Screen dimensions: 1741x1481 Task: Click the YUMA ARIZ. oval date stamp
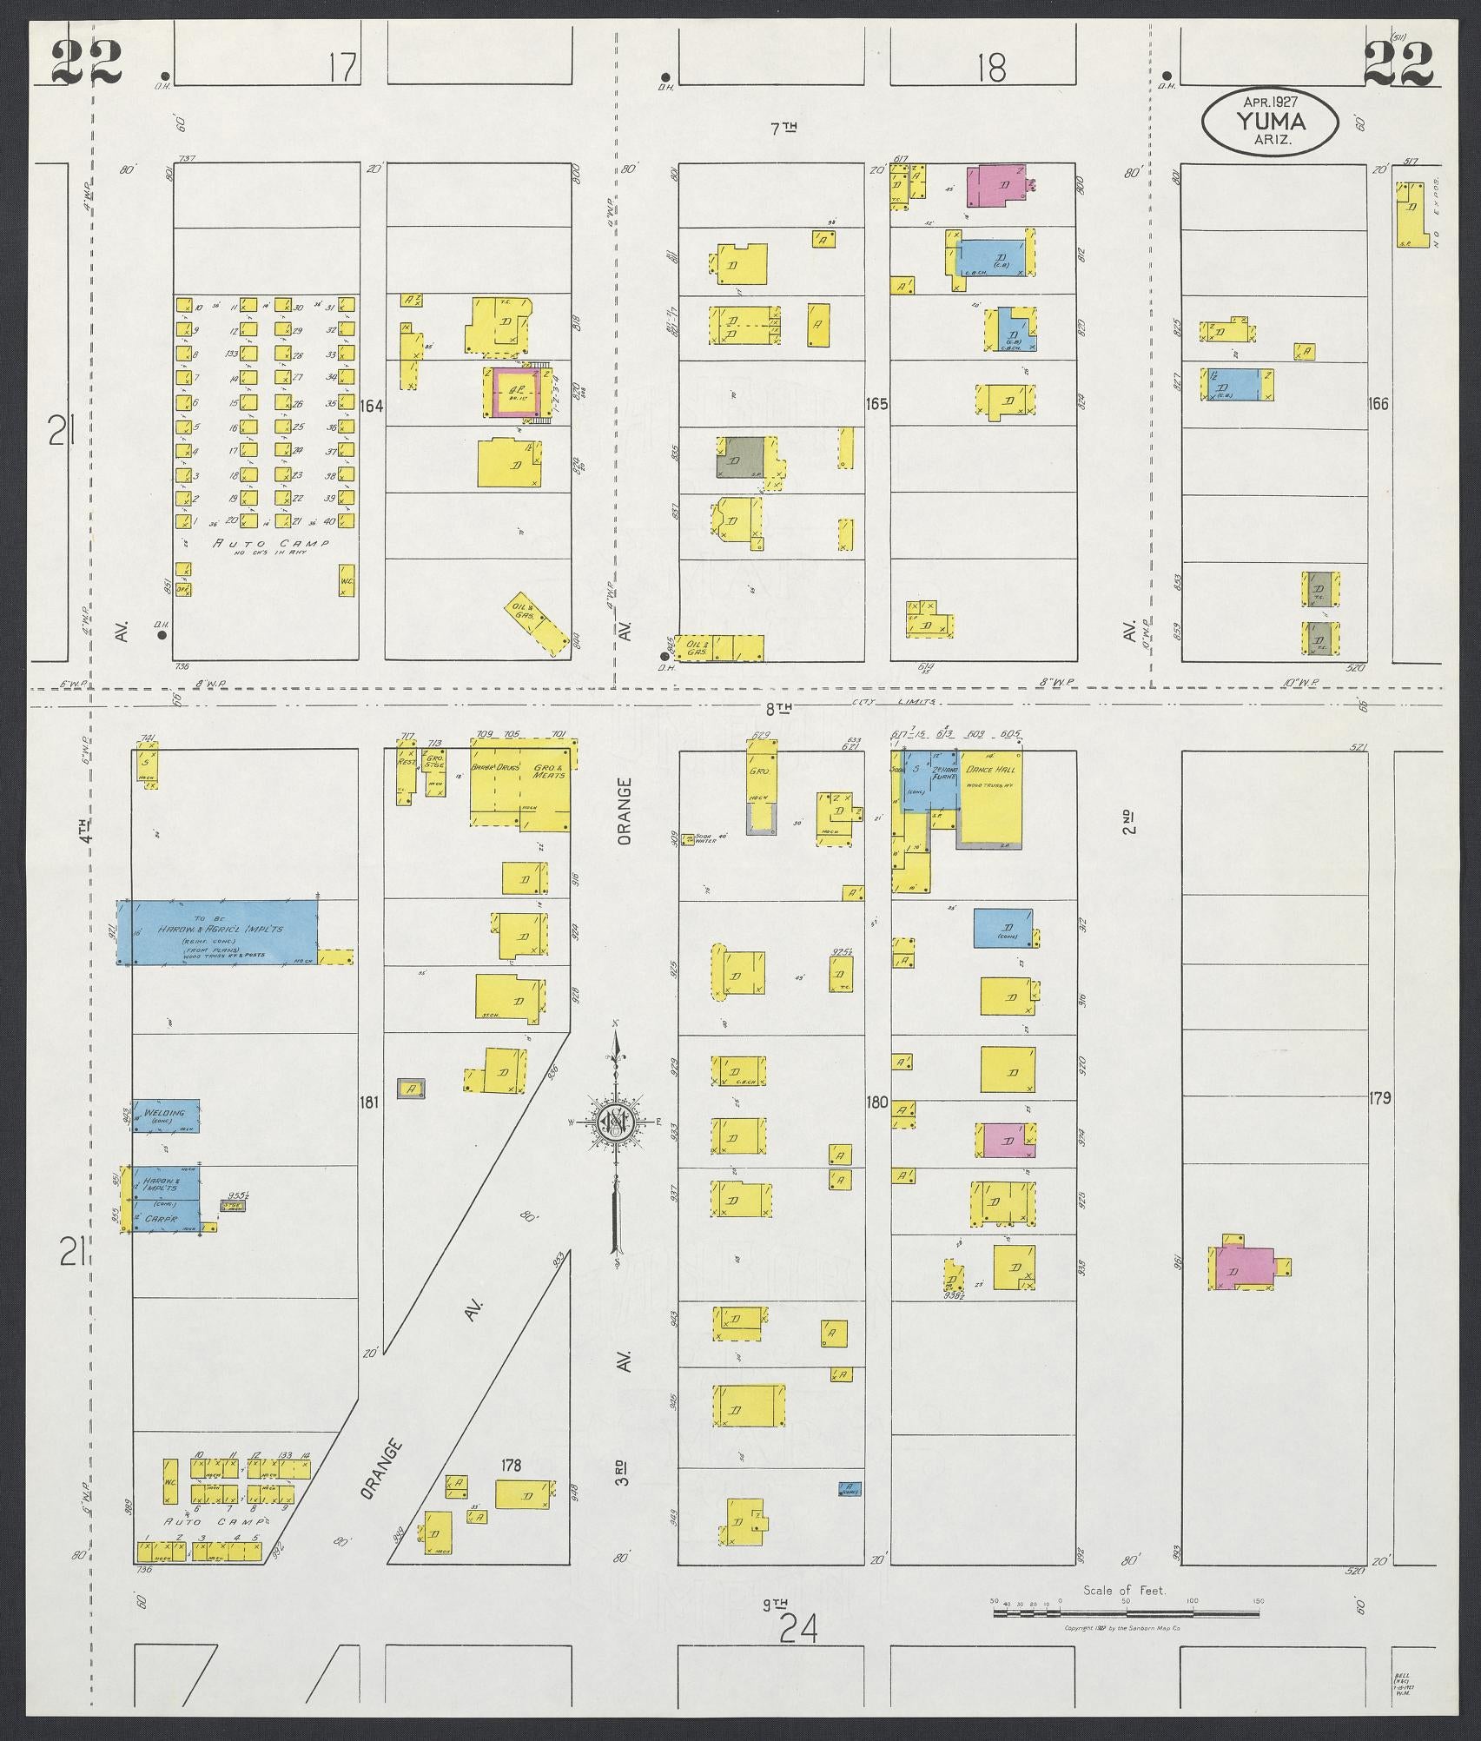[1269, 123]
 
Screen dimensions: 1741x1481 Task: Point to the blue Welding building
[165, 1115]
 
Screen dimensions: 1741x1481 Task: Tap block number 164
[374, 406]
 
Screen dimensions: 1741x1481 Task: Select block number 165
[877, 404]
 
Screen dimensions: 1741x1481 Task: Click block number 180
[876, 1102]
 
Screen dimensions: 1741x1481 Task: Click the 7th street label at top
[783, 128]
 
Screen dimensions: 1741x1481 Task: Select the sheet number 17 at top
[344, 67]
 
